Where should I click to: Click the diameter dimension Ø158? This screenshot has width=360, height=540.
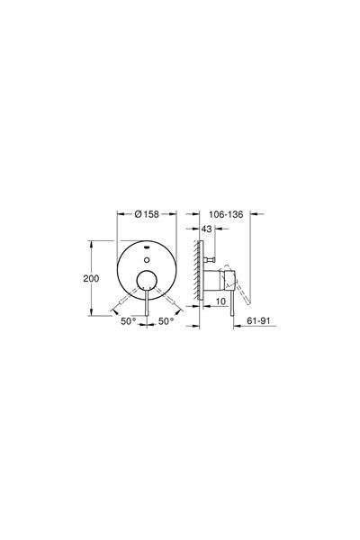coord(147,215)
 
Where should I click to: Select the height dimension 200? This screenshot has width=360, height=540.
coord(90,278)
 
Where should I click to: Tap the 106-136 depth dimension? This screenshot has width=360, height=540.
coord(221,215)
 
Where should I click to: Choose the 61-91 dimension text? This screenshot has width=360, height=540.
coord(257,331)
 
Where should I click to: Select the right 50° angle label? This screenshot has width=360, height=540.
coord(166,321)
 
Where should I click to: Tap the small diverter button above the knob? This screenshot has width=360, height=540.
coord(146,257)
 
